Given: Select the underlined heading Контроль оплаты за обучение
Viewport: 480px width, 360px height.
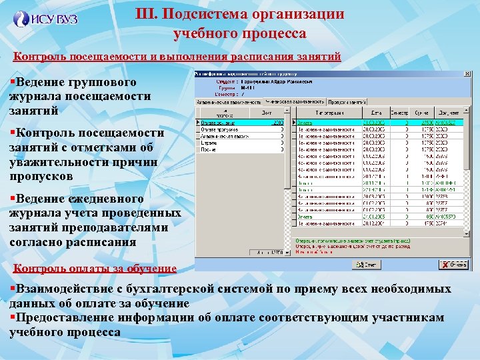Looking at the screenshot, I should pos(95,269).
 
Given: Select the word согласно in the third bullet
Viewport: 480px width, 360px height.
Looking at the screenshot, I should pos(39,242).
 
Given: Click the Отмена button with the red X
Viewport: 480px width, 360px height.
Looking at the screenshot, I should pos(454,265).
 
